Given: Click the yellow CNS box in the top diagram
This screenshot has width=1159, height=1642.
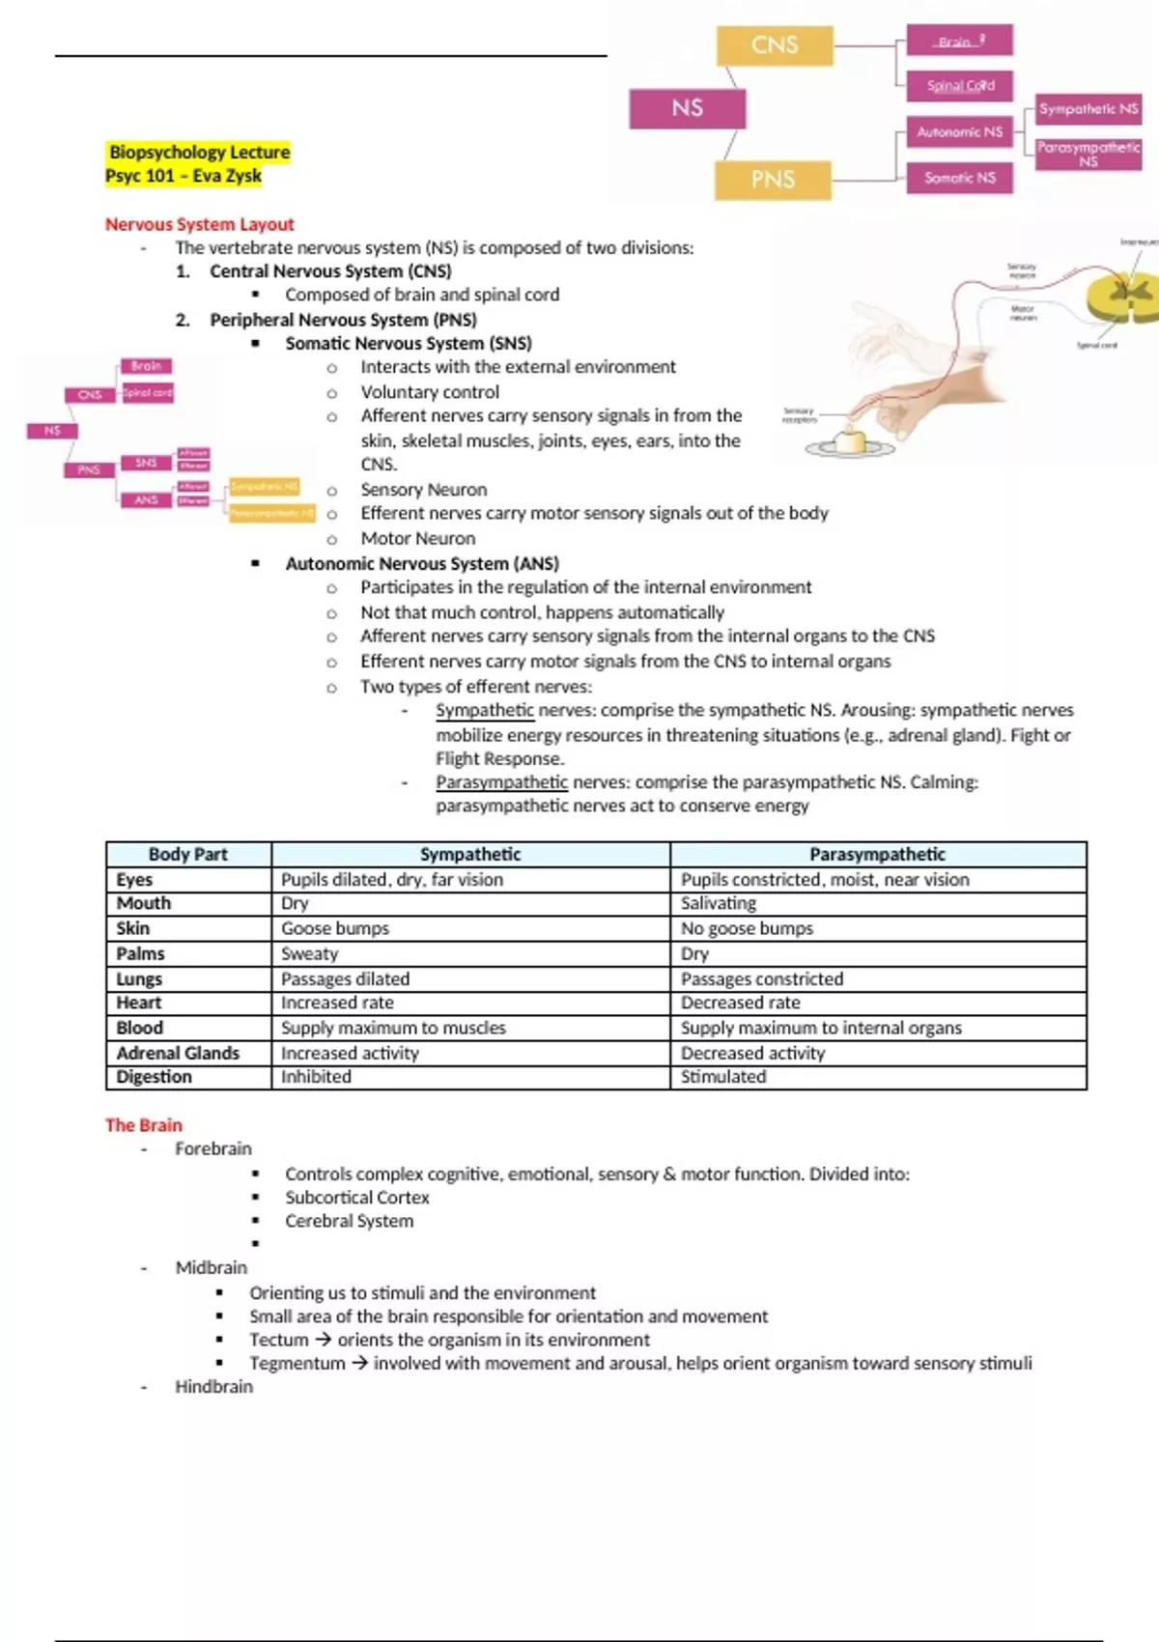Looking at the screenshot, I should pyautogui.click(x=775, y=45).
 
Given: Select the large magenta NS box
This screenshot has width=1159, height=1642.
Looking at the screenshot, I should pyautogui.click(x=687, y=108).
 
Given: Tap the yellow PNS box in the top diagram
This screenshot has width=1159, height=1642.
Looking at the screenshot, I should pyautogui.click(x=773, y=180).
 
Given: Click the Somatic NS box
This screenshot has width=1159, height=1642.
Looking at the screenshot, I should pyautogui.click(x=959, y=178).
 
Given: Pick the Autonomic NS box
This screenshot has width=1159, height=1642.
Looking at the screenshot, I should pyautogui.click(x=959, y=131).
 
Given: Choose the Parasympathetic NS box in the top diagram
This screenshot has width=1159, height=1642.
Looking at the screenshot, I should pyautogui.click(x=1088, y=154).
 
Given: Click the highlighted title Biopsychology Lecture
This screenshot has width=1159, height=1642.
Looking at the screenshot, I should pyautogui.click(x=199, y=153).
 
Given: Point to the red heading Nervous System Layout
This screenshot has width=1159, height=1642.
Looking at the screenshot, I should pyautogui.click(x=199, y=224).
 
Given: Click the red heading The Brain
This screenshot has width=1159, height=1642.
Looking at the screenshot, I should pyautogui.click(x=143, y=1125).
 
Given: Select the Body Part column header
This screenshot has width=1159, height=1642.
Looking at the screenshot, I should pyautogui.click(x=188, y=855).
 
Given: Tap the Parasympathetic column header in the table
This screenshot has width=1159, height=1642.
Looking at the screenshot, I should pyautogui.click(x=877, y=855).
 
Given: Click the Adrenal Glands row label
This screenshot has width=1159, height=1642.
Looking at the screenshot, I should pyautogui.click(x=178, y=1053).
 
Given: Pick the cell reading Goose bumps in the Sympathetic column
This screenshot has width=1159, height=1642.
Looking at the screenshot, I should pyautogui.click(x=335, y=928).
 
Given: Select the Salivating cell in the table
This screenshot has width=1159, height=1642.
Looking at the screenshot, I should pyautogui.click(x=719, y=903).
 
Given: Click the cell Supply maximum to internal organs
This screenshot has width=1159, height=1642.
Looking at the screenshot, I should pyautogui.click(x=821, y=1028).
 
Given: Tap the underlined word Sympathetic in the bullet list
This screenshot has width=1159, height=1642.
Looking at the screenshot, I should pyautogui.click(x=484, y=711).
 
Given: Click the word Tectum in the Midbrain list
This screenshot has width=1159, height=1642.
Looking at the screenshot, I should pyautogui.click(x=278, y=1340).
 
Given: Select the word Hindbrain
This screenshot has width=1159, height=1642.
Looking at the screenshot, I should pyautogui.click(x=213, y=1387).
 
